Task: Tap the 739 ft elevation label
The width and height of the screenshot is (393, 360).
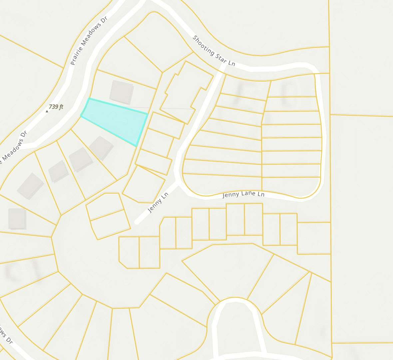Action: (x=56, y=107)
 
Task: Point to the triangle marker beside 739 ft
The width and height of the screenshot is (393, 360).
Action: (x=47, y=111)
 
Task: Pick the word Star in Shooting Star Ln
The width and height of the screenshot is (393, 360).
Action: (x=221, y=58)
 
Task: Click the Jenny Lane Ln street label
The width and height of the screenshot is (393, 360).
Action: (x=243, y=194)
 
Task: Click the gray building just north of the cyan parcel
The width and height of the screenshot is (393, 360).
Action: (x=122, y=92)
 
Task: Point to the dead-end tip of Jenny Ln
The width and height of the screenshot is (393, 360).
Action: (x=136, y=222)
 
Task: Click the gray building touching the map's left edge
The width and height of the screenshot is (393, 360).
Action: (x=17, y=219)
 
